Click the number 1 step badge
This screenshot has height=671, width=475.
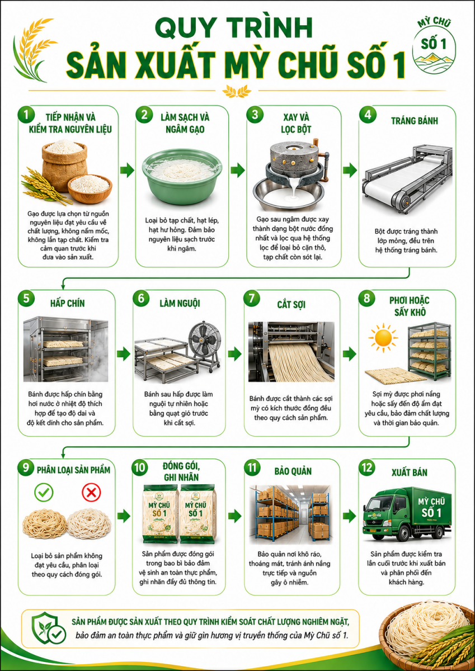(x=26, y=115)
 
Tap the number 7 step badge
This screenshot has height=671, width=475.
(x=252, y=298)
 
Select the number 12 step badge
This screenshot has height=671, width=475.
(x=367, y=467)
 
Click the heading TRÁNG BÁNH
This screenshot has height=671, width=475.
(x=415, y=121)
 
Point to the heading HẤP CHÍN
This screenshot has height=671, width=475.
(x=68, y=303)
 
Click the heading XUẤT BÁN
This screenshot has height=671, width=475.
(x=410, y=472)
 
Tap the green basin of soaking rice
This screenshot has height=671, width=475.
(x=182, y=177)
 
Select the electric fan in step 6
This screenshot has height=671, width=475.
(x=204, y=346)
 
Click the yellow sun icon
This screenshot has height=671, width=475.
(x=383, y=338)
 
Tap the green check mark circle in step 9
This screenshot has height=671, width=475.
(x=44, y=493)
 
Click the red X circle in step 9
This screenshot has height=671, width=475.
(x=91, y=493)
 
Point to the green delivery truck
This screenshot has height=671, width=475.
(x=407, y=514)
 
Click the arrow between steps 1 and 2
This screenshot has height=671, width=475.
(x=127, y=170)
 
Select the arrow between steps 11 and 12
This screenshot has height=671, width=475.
(x=349, y=516)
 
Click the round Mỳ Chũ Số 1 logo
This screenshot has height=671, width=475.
(x=434, y=46)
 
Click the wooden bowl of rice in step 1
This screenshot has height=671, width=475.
(x=90, y=188)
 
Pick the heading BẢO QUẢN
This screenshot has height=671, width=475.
(x=293, y=471)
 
